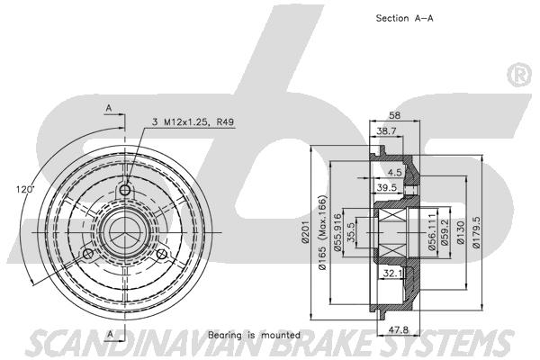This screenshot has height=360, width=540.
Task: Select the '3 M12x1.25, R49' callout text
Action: (193, 121)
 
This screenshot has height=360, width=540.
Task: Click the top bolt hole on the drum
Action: (125, 191)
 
